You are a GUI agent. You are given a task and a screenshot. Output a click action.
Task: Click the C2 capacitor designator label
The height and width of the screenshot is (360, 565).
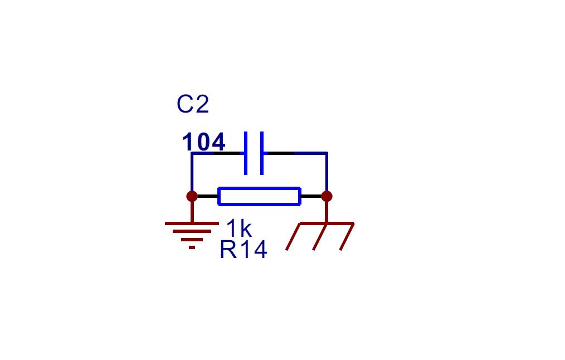pyautogui.click(x=193, y=105)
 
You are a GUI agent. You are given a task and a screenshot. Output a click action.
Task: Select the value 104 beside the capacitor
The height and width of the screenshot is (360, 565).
pyautogui.click(x=204, y=142)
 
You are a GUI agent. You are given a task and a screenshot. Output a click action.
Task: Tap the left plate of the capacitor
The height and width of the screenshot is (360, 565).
pyautogui.click(x=246, y=153)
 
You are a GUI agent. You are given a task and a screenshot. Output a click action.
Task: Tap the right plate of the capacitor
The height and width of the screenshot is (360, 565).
pyautogui.click(x=262, y=153)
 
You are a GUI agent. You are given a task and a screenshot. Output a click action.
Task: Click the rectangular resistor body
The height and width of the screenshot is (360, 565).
pyautogui.click(x=260, y=196)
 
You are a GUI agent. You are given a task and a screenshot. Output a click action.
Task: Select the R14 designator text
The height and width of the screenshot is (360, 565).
pyautogui.click(x=243, y=250)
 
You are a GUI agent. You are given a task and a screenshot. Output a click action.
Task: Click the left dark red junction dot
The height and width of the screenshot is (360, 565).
pyautogui.click(x=192, y=196)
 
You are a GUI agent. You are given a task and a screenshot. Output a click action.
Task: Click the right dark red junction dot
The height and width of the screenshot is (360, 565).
pyautogui.click(x=327, y=196)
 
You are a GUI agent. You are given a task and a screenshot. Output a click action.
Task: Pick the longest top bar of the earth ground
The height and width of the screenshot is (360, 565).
pyautogui.click(x=192, y=223)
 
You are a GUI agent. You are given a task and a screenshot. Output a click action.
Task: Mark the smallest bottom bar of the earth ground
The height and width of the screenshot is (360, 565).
pyautogui.click(x=192, y=247)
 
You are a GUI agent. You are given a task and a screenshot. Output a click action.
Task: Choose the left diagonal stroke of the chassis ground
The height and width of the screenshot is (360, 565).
pyautogui.click(x=293, y=236)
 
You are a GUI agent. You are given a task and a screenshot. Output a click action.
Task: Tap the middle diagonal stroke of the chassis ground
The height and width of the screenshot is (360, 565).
pyautogui.click(x=320, y=236)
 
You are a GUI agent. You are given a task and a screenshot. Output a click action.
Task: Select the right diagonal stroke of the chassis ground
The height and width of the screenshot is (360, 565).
pyautogui.click(x=347, y=236)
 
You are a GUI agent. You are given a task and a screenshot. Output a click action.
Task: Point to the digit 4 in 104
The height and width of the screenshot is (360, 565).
pyautogui.click(x=218, y=142)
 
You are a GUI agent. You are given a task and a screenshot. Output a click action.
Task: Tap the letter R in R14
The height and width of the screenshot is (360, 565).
pyautogui.click(x=228, y=250)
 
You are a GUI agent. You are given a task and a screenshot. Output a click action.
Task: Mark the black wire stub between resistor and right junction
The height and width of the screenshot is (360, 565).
pyautogui.click(x=311, y=196)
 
